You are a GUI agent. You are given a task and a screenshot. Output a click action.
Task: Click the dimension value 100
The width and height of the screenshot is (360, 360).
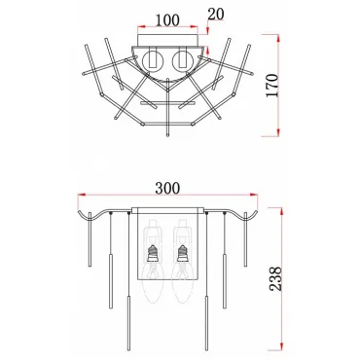[167, 20]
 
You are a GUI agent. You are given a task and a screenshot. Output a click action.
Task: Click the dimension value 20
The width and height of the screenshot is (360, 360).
[216, 15]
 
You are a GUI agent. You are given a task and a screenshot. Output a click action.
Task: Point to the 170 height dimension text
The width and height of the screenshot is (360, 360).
[272, 86]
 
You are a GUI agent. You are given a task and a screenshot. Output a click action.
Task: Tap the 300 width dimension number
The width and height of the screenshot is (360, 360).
[167, 188]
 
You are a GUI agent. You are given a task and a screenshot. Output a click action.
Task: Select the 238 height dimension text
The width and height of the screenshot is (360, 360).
[275, 278]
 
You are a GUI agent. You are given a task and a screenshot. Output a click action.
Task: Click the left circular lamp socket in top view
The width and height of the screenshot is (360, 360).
[152, 59]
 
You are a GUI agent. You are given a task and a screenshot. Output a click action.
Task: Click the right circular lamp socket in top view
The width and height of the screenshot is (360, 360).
[183, 59]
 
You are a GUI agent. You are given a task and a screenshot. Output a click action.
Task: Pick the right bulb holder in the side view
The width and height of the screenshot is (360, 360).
[182, 253]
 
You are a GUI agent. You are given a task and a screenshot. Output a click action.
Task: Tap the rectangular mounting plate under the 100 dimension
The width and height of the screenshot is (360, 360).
[167, 40]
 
